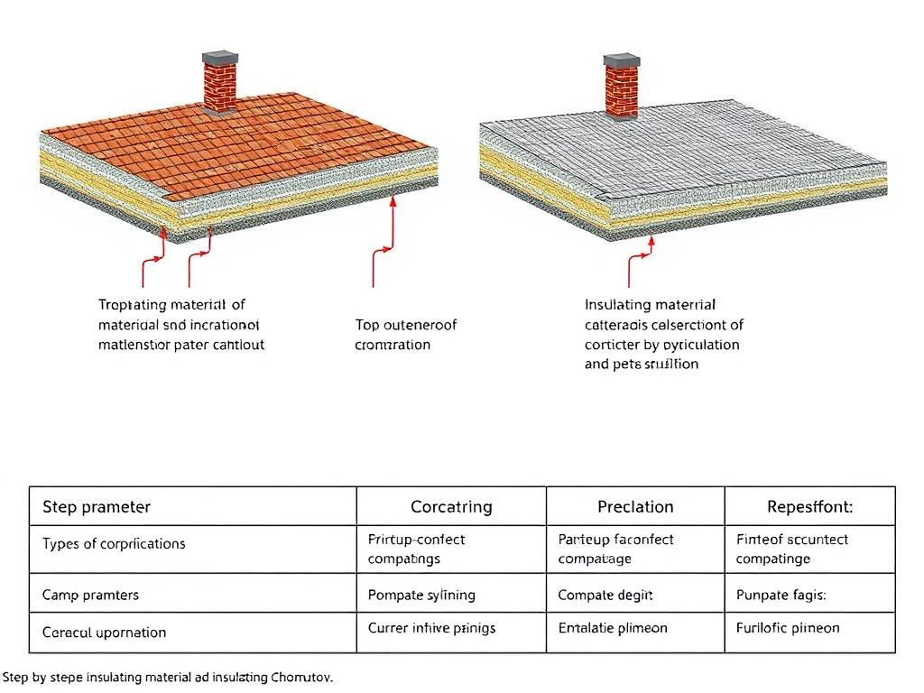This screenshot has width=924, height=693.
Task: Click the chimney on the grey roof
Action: tap(621, 88)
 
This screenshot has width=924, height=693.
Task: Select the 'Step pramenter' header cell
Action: tap(97, 506)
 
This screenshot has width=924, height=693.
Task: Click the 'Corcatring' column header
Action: tap(451, 506)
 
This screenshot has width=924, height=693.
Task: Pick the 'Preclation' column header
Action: tap(635, 506)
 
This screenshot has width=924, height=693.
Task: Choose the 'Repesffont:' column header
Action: tap(809, 506)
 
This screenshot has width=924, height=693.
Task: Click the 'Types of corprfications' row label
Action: tap(114, 544)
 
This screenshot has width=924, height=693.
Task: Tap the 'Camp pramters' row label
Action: tap(90, 595)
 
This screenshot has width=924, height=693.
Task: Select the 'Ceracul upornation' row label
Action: tap(104, 633)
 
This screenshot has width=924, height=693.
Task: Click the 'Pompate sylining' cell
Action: tap(421, 595)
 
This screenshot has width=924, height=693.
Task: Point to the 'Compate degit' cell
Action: tap(605, 595)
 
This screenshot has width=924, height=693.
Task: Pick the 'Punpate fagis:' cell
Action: tap(781, 595)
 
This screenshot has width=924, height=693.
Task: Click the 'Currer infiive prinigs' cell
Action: tap(431, 627)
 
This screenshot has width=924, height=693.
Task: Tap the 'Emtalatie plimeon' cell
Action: tap(613, 627)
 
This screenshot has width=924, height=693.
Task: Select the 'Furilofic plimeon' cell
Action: tap(788, 627)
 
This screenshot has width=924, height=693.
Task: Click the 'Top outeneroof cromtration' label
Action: tap(406, 334)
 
